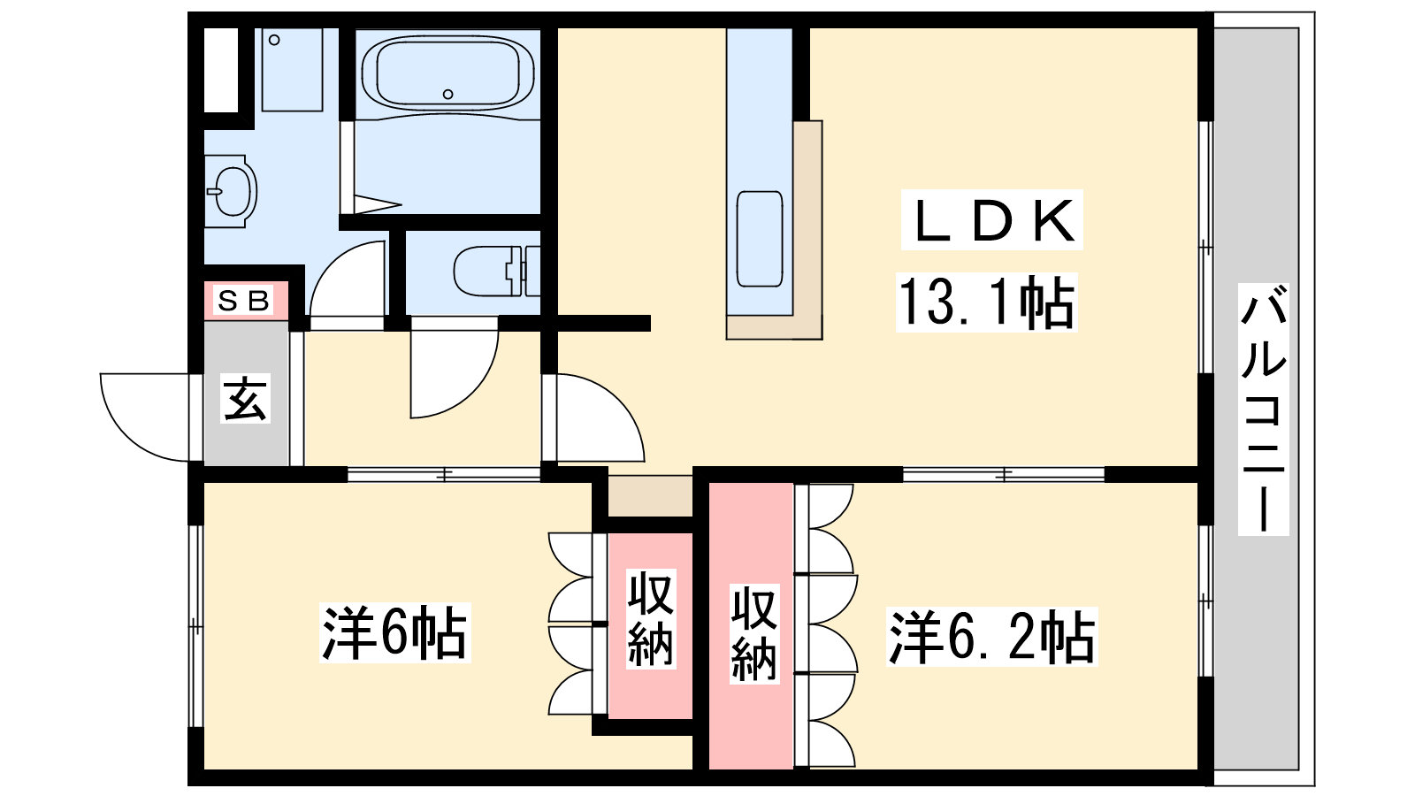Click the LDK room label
point(991,220)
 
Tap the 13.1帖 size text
point(986,302)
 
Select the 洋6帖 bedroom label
point(394,633)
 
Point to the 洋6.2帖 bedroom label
point(991,637)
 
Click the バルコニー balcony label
point(1263,409)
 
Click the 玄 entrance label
point(245,398)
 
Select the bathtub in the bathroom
point(447,73)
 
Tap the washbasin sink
point(231,191)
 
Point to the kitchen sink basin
point(760,239)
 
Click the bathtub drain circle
point(447,94)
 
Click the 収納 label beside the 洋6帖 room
point(651,618)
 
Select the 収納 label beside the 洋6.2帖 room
point(754,633)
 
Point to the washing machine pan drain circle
point(274,40)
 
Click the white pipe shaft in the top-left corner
point(220,70)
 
